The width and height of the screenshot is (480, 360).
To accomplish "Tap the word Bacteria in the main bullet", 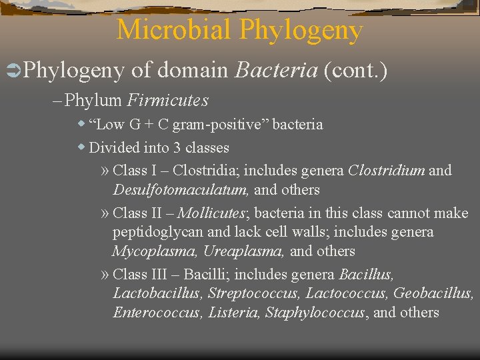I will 275,69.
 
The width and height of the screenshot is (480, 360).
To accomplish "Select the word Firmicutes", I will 167,101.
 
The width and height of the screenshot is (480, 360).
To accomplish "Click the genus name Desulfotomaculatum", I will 181,190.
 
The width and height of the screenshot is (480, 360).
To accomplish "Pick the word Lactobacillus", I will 157,293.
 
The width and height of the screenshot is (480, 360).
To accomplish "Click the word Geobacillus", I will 433,293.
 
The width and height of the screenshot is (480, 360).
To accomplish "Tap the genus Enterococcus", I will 157,313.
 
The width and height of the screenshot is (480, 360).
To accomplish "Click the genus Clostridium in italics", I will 386,171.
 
